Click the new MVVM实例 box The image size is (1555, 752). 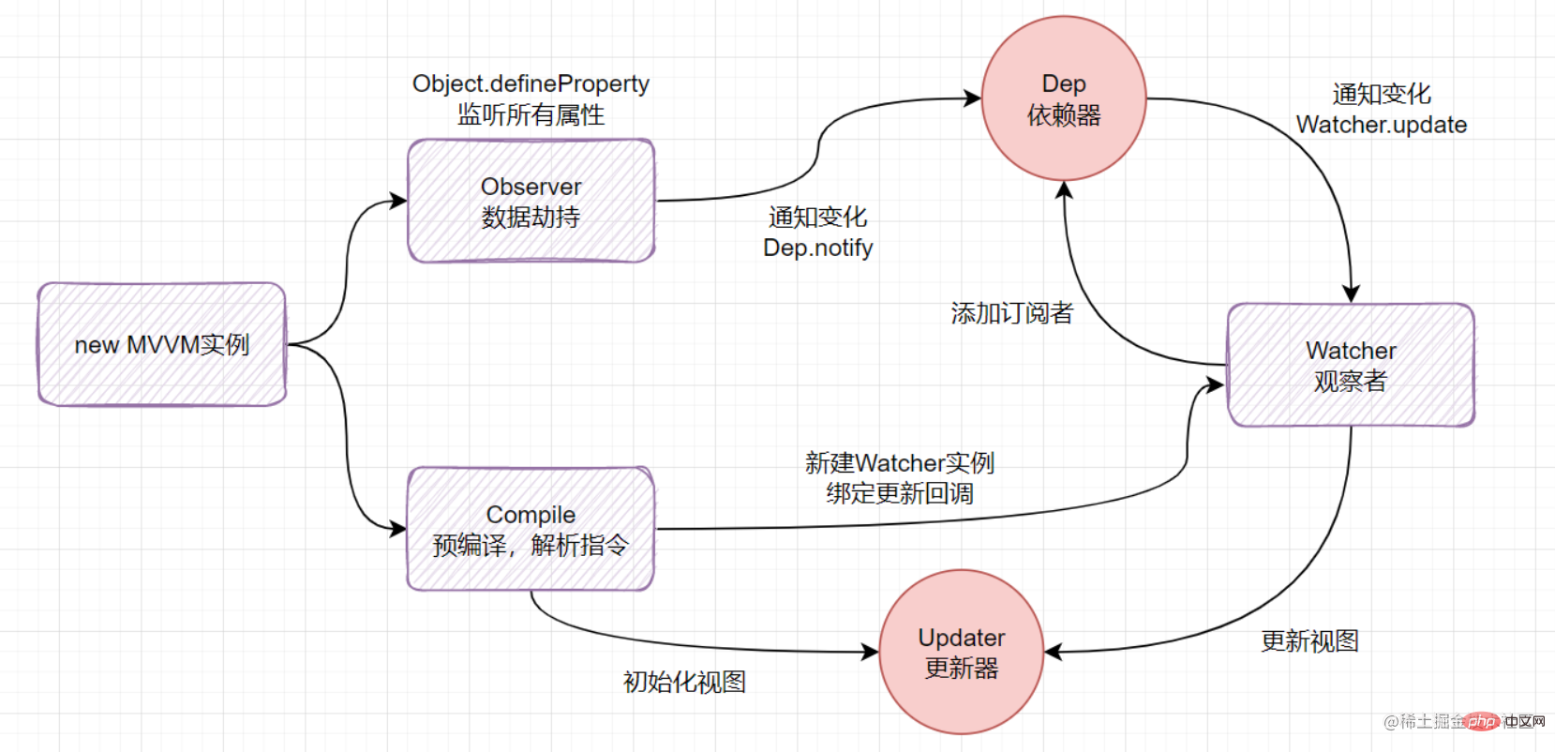point(161,344)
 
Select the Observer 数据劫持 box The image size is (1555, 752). point(531,201)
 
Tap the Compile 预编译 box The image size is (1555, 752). point(531,529)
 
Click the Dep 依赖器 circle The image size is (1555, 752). point(1064,98)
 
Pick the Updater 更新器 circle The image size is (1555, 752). point(962,653)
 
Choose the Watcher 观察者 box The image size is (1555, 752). point(1351,365)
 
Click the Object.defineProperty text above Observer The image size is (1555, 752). point(531,83)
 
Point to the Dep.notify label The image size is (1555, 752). point(817,248)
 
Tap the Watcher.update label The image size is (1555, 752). point(1381,125)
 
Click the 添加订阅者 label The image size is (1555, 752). point(1011,313)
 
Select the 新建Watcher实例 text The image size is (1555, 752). point(899,462)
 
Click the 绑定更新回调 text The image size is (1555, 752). point(899,493)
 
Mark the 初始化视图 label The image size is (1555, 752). point(684,682)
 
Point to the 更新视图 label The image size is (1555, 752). point(1309,641)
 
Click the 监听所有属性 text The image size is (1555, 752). point(531,114)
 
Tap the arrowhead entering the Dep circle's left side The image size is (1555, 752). point(973,98)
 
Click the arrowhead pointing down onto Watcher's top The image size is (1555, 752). point(1351,294)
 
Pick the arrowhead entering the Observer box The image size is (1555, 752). point(399,200)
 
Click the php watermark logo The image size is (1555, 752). point(1483,721)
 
